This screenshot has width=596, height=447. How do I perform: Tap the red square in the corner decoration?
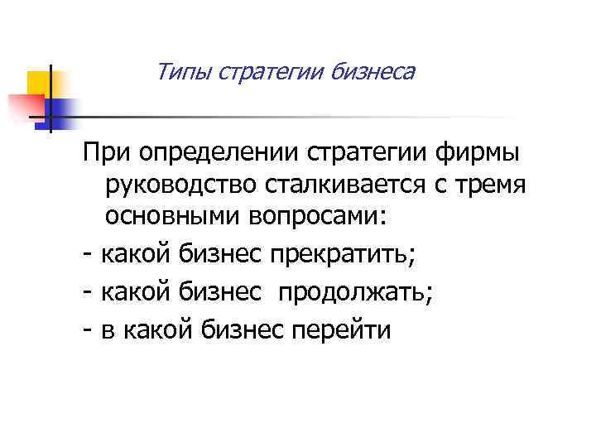click(x=26, y=107)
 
